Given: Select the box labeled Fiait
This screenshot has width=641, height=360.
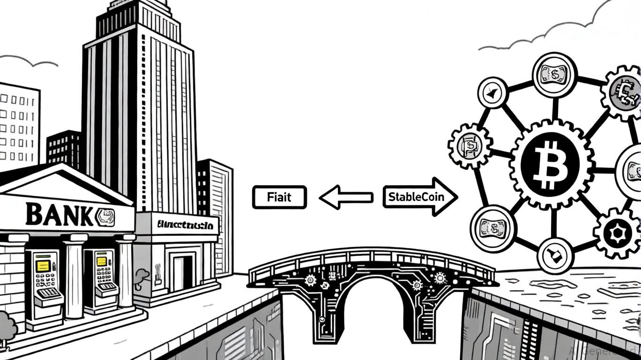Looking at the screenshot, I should click(x=279, y=197).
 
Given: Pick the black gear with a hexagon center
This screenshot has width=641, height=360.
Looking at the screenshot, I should click(x=616, y=233).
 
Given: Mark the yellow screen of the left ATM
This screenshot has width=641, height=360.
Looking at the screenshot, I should click(x=43, y=266).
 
